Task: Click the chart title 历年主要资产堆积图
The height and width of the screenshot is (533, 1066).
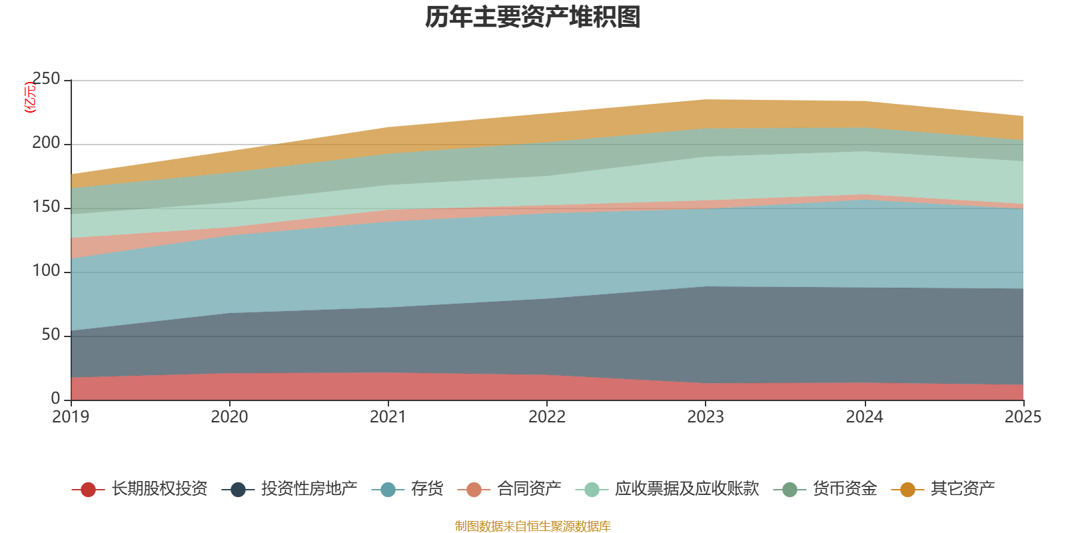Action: pos(532,17)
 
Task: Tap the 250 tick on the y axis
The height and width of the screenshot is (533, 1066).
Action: pos(46,79)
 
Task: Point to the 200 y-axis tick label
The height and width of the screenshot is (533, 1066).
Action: pos(46,143)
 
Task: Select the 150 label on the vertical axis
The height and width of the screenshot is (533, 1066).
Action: pos(46,207)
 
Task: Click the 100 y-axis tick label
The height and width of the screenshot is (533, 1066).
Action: pos(46,270)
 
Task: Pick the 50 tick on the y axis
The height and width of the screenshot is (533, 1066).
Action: pos(51,335)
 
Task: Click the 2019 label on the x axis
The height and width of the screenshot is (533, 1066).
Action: pos(71,417)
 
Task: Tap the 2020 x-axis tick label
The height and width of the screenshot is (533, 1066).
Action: pos(229,417)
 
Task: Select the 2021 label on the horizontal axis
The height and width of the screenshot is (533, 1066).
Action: pos(388,417)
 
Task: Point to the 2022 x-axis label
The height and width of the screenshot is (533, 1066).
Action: pos(547,417)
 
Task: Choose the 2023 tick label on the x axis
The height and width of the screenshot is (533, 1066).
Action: pos(706,417)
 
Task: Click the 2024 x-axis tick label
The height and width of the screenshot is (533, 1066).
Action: pos(864,417)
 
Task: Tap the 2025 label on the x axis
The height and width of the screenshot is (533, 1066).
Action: pos(1023,417)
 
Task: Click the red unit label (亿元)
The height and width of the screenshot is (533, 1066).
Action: pos(30,97)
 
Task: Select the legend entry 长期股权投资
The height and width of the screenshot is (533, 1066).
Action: pos(139,489)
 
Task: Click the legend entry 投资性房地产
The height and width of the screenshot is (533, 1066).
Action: pos(289,489)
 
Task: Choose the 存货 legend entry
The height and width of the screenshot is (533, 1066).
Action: pos(407,489)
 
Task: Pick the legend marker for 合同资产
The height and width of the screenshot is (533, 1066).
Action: pos(474,489)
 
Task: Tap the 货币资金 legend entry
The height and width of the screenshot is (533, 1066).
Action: pos(825,489)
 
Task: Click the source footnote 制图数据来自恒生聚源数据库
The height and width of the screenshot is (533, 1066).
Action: pos(532,526)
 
